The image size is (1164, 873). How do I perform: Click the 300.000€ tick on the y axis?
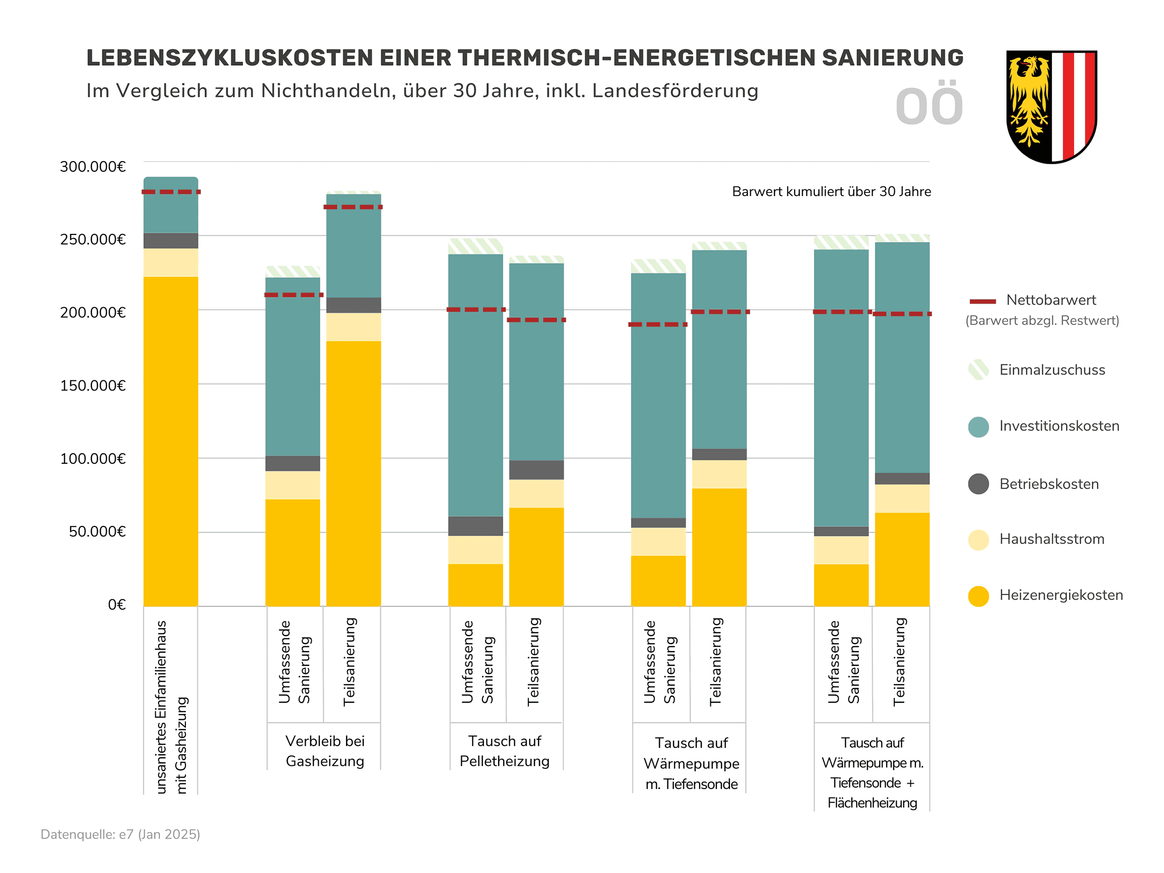92,167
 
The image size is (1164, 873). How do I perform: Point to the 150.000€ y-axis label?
92,385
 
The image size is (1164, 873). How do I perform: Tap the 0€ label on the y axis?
116,605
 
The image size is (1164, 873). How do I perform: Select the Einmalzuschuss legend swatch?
978,370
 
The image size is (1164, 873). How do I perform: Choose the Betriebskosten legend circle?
978,484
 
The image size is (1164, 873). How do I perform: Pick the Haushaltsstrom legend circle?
978,540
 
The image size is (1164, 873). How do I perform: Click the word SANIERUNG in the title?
893,58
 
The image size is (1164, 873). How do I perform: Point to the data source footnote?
121,835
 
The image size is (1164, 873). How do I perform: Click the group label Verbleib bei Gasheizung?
325,751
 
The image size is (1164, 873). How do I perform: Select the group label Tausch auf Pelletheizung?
505,751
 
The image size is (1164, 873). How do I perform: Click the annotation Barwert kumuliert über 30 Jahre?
832,191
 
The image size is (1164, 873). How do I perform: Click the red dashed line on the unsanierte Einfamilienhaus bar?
171,192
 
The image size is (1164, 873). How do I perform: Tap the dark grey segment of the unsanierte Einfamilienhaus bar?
171,240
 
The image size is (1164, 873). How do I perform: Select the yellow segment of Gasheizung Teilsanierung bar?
354,473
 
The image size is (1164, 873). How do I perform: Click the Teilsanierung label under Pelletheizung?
533,661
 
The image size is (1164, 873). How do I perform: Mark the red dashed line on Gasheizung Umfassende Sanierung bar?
293,295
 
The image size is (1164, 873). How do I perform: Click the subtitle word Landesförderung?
675,91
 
